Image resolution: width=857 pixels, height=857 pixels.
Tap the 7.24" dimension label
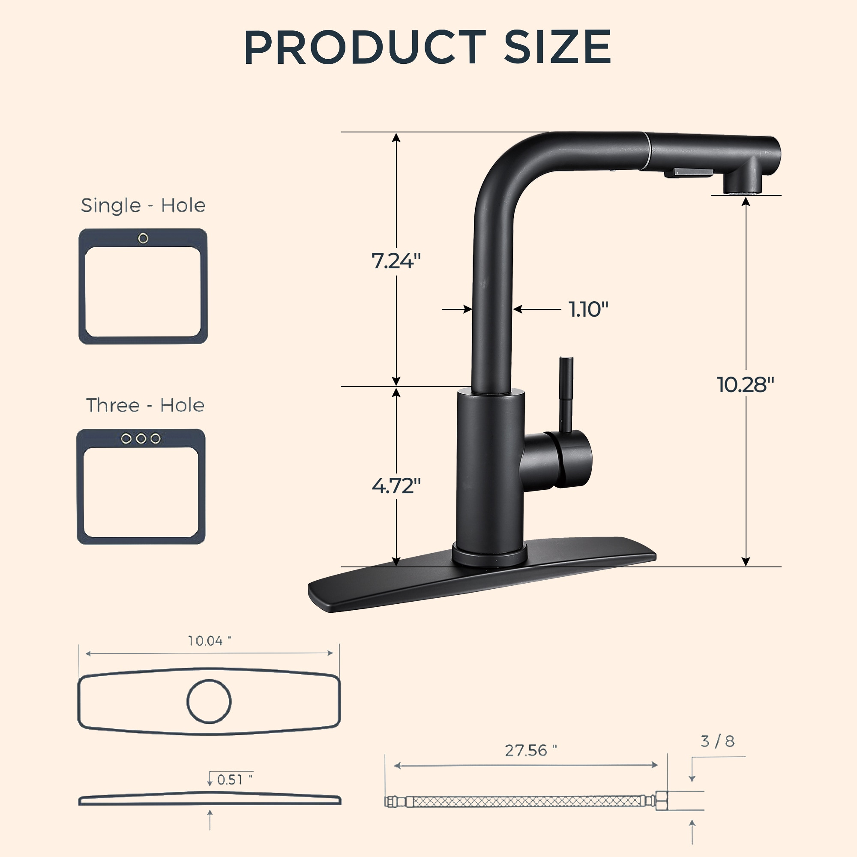[x=396, y=261]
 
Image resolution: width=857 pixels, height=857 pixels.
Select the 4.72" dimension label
[x=396, y=486]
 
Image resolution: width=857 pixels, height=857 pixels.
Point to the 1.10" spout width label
[x=588, y=309]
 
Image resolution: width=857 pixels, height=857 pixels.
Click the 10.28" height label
[x=745, y=385]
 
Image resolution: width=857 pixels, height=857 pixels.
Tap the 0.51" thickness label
[x=234, y=779]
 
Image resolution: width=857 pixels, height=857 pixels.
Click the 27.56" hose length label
[x=530, y=751]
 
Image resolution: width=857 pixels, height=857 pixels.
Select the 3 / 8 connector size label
[x=717, y=741]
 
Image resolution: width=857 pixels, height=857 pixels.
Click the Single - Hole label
[x=143, y=205]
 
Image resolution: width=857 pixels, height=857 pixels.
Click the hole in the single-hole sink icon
[x=143, y=239]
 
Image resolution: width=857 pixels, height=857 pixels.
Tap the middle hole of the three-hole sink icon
[x=141, y=439]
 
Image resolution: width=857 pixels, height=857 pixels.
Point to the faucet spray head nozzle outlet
[x=743, y=192]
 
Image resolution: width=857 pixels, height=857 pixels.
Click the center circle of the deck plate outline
[x=209, y=701]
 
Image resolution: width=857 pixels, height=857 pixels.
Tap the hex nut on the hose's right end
[x=662, y=801]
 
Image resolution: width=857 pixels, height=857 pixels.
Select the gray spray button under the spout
[x=693, y=172]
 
